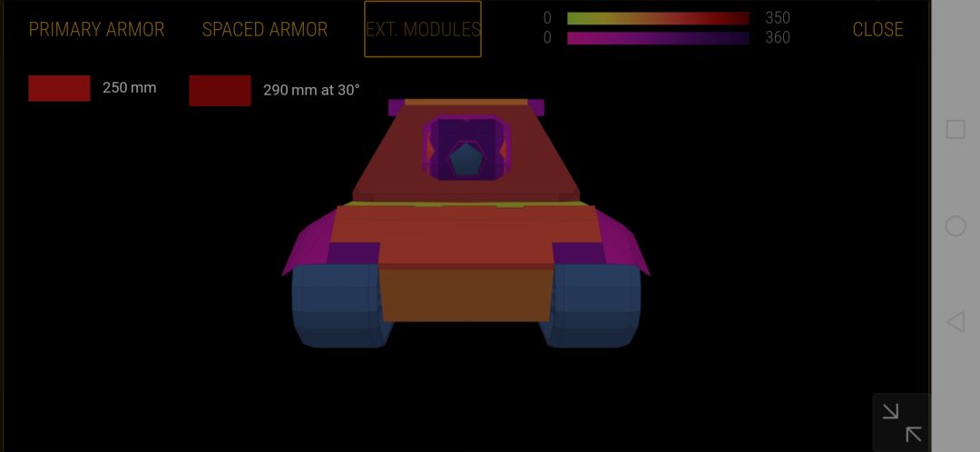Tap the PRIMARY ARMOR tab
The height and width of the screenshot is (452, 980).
[x=96, y=29]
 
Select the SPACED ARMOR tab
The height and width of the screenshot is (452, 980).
[x=265, y=29]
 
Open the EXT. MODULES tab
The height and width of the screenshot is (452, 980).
[x=423, y=29]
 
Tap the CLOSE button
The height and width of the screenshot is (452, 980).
[x=877, y=29]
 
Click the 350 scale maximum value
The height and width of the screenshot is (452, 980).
[x=778, y=17]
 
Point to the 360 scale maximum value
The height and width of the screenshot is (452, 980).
[x=778, y=38]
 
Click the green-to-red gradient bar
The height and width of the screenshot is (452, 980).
[x=658, y=18]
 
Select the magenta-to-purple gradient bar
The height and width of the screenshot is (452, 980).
[x=658, y=38]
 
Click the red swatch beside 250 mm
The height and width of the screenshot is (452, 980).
[x=59, y=88]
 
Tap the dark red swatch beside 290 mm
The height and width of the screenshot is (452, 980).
[x=220, y=91]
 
